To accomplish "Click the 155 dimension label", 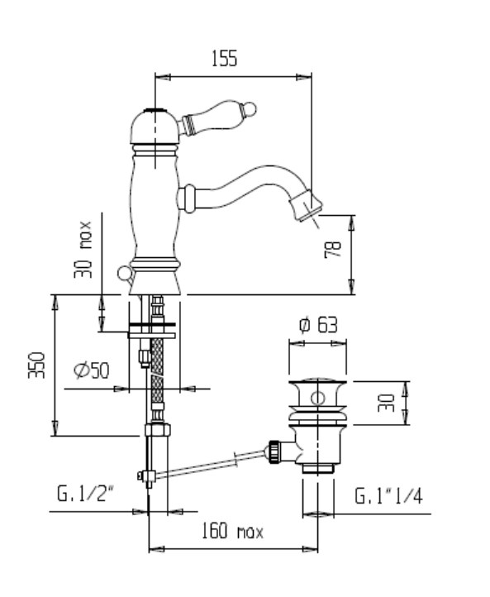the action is (224, 58).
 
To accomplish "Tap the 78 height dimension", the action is (333, 250).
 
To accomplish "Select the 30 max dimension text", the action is (83, 250).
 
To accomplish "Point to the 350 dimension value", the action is (36, 365).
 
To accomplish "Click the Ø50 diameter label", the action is (91, 370).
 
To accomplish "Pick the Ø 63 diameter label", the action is (318, 325).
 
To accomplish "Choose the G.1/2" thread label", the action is (85, 494).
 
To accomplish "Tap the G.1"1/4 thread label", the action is (388, 496).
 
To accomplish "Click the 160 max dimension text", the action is (232, 531).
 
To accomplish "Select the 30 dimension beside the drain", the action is (386, 403).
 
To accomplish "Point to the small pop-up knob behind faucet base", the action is (124, 274).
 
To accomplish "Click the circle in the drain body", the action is (317, 399).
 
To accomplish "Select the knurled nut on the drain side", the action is (274, 451).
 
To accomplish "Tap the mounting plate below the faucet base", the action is (152, 331).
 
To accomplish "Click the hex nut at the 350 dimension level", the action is (158, 430).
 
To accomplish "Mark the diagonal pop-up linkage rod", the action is (212, 463).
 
